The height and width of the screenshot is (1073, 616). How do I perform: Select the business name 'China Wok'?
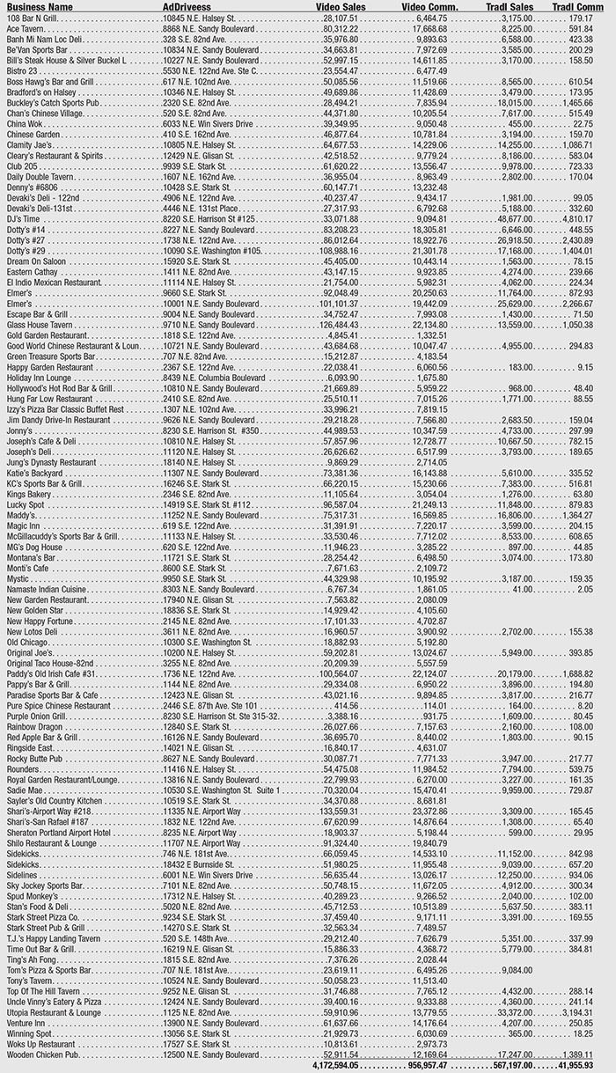point(26,125)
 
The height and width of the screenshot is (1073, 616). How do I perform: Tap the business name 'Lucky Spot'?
point(26,504)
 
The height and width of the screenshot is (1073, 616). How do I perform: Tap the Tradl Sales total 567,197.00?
point(516,1065)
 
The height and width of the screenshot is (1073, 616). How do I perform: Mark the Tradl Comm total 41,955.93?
point(588,1065)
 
